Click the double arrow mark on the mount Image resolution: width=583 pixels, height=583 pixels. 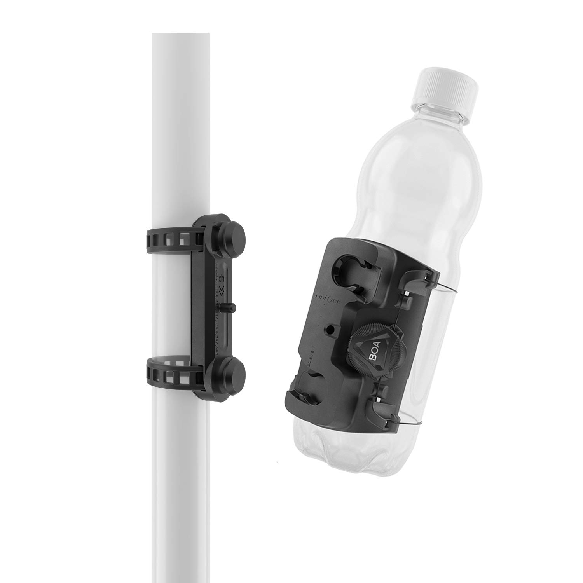tap(222, 290)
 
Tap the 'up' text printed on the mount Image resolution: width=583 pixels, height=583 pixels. tap(223, 278)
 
